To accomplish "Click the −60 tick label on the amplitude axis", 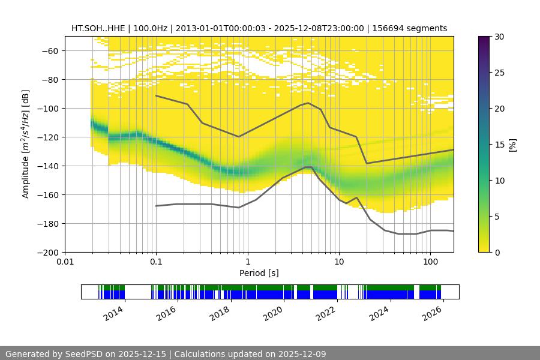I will (49, 51).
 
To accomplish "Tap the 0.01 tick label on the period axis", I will (65, 262).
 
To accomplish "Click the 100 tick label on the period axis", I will (430, 262).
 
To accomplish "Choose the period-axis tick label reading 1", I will (248, 262).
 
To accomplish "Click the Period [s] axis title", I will (259, 273).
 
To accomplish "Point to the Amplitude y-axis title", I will (25, 144).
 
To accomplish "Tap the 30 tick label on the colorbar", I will (499, 37).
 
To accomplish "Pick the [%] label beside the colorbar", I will (512, 144).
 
